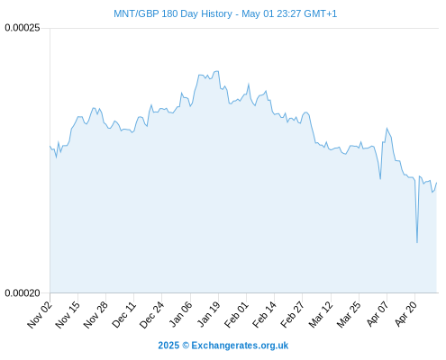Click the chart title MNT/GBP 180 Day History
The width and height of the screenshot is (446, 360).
(173, 13)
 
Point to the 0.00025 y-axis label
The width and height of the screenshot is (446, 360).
(23, 28)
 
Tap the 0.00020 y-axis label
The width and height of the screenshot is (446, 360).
(23, 292)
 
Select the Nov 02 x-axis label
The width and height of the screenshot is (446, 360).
(40, 315)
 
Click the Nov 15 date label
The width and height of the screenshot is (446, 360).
(68, 315)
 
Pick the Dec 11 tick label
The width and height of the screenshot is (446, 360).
(124, 315)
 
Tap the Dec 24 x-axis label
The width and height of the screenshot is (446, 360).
(152, 315)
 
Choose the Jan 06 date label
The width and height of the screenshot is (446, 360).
(180, 315)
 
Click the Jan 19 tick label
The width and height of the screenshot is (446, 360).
(208, 315)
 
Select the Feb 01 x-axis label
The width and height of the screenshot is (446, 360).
(237, 315)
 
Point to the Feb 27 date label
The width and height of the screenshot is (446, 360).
(293, 315)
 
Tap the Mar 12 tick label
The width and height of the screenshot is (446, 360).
(321, 315)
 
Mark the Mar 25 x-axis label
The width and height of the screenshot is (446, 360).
(349, 315)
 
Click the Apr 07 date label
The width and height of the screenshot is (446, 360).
(378, 315)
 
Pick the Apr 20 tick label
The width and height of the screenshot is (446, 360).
(405, 315)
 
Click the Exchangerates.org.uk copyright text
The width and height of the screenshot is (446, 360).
(223, 346)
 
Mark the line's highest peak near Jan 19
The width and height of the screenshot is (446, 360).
(217, 71)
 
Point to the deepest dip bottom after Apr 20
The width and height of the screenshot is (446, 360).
(417, 242)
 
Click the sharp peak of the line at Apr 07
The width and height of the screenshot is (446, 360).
(387, 128)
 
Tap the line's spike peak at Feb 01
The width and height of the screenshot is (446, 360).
(249, 85)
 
